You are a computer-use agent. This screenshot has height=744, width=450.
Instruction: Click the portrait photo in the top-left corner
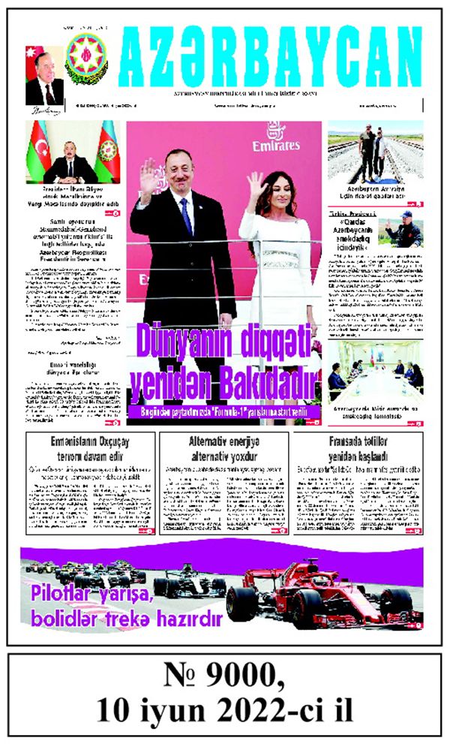[44, 80]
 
